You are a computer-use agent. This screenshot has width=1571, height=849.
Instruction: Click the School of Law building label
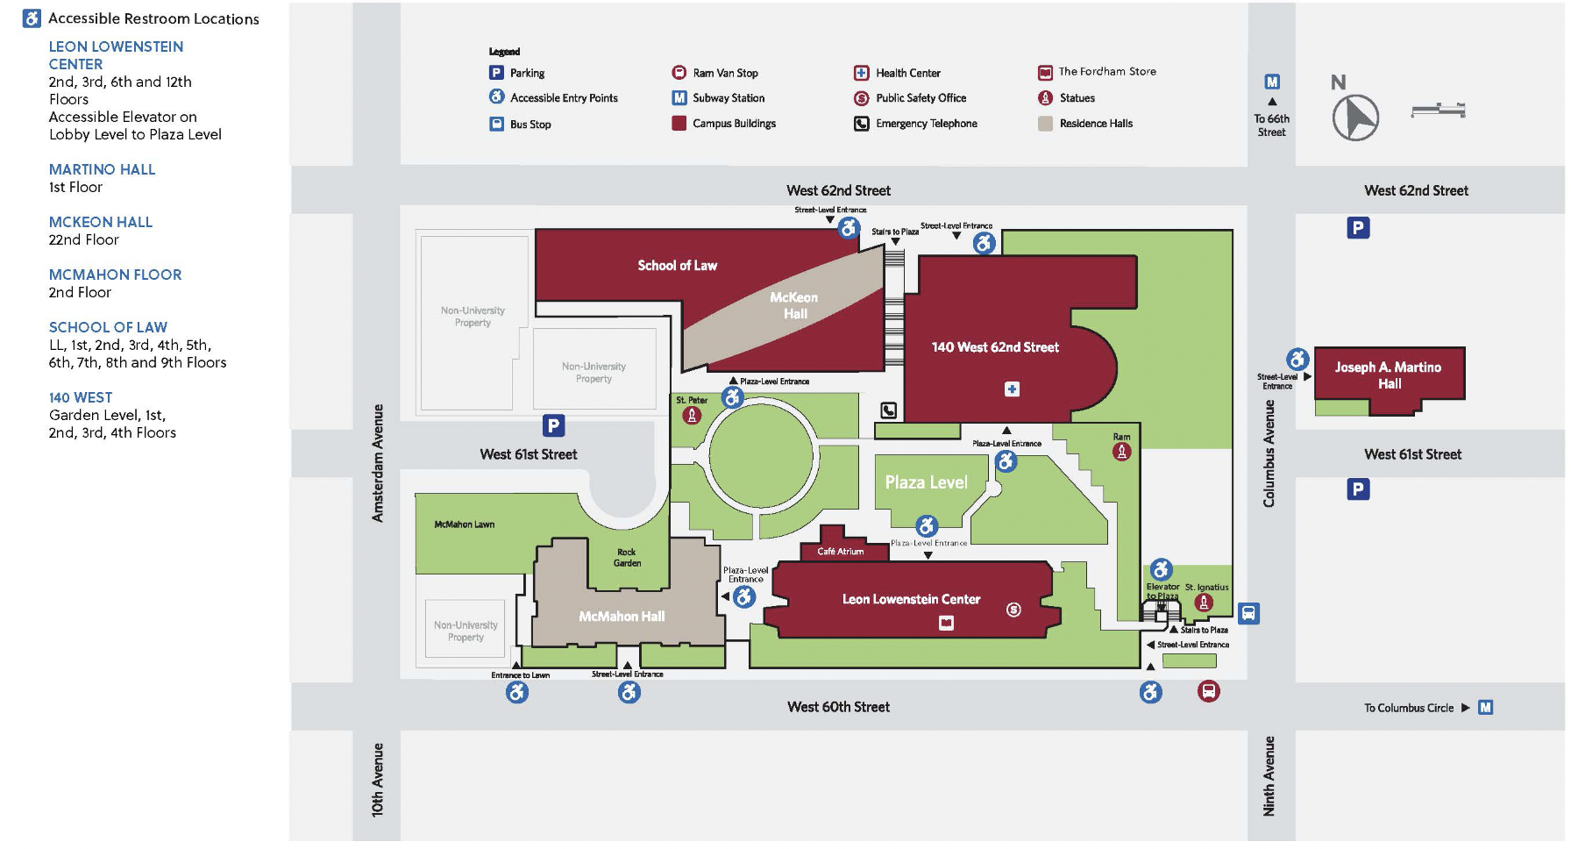click(x=677, y=265)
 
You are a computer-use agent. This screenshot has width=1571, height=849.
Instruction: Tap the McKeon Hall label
click(x=794, y=305)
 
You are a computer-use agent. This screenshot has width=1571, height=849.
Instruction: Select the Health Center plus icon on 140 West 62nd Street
click(x=1012, y=389)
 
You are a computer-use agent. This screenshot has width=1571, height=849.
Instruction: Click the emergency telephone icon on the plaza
click(x=888, y=410)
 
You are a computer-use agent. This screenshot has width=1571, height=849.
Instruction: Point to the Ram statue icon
click(x=1121, y=452)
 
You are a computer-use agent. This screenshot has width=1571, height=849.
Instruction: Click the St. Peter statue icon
click(x=692, y=416)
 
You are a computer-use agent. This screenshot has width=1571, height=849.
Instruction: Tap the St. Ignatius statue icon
click(x=1204, y=602)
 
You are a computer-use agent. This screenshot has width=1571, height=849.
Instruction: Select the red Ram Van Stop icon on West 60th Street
click(x=1209, y=691)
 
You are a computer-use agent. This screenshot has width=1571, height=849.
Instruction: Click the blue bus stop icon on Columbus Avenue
click(x=1248, y=613)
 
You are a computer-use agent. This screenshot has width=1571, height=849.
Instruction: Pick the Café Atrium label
click(x=840, y=552)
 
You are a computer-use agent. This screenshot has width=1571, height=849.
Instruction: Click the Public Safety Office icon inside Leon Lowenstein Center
click(x=1013, y=610)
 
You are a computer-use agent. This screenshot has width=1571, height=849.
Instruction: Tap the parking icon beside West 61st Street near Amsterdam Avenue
click(x=553, y=426)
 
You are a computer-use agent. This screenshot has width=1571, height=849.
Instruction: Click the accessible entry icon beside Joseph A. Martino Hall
click(x=1297, y=359)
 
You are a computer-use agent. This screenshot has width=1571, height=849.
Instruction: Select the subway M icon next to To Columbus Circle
click(x=1485, y=707)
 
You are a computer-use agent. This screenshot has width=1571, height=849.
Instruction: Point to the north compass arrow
click(x=1356, y=117)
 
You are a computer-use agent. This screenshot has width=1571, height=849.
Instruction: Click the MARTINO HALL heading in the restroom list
click(x=102, y=169)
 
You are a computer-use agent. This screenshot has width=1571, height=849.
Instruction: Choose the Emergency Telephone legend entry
click(x=926, y=124)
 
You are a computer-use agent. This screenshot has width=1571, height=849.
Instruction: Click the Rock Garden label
click(x=627, y=558)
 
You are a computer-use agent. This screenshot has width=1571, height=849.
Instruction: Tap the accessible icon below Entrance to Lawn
click(x=517, y=693)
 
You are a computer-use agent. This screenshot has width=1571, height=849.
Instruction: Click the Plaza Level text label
click(x=926, y=482)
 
